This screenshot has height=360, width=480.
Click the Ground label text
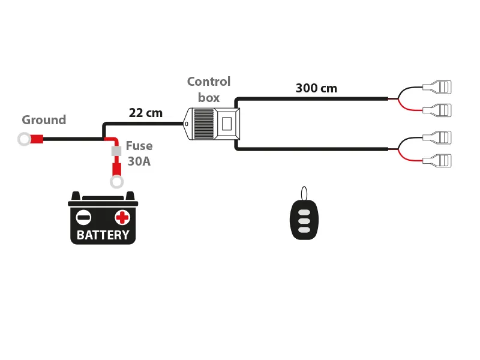coord(44,120)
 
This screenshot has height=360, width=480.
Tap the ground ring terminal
coord(24,140)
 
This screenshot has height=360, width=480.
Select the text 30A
coord(139,161)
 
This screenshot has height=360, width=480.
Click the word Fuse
coord(139,146)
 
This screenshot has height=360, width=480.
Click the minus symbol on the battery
coord(85,217)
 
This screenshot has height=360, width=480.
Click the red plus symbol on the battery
coord(122,217)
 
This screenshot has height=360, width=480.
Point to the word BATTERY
coord(103,235)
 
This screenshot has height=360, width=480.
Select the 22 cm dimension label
coord(146,113)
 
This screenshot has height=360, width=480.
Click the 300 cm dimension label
coord(316,89)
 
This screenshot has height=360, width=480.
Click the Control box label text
coord(208,89)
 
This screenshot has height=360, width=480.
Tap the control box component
coord(213,124)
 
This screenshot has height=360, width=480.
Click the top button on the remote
coord(304,212)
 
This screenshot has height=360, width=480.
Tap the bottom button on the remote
coord(304,230)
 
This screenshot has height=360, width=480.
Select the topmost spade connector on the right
coord(437,88)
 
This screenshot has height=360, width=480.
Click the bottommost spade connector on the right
coord(437,161)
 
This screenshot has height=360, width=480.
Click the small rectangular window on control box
coord(226,124)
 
